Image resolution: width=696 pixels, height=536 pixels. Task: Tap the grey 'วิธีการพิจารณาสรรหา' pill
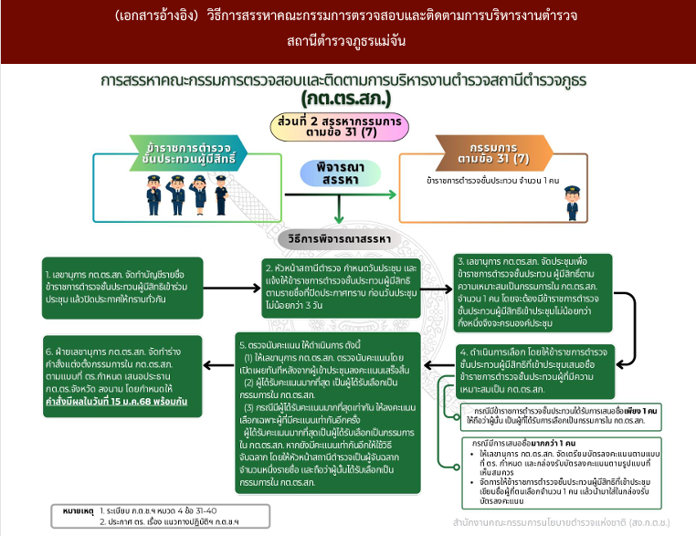coord(341,238)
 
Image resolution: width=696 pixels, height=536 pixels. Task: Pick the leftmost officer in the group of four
coord(154,194)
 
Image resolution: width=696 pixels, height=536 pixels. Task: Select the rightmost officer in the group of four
coord(221,194)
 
